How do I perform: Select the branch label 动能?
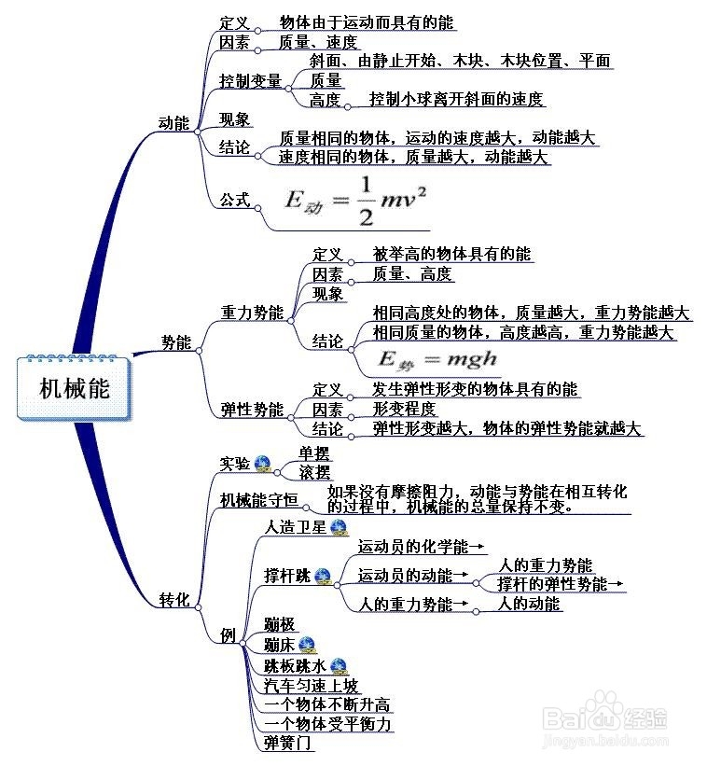173,122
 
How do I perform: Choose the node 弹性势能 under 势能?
251,410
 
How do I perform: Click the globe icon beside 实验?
262,463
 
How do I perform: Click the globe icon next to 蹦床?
307,644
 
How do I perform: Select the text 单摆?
314,453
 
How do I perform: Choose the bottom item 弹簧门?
288,743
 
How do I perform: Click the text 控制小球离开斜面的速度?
456,99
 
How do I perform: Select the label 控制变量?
250,81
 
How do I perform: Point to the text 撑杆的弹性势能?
552,585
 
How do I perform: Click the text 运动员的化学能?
414,548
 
